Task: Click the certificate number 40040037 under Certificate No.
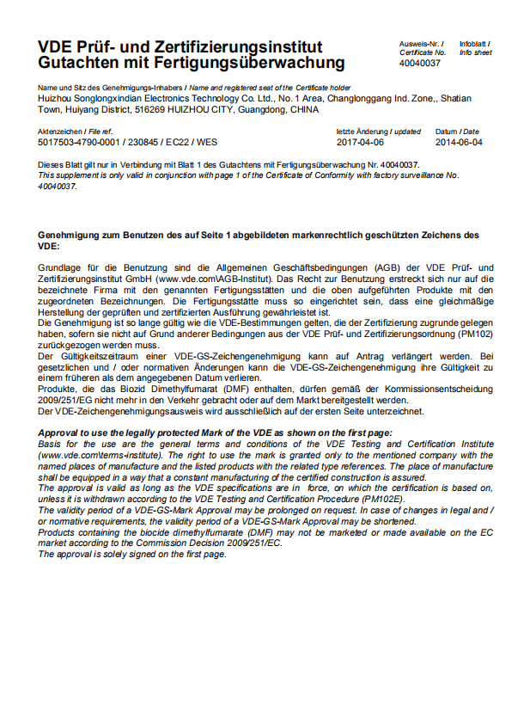419,64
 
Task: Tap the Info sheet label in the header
475,52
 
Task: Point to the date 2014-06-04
459,142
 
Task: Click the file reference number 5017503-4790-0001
80,142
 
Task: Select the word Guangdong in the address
259,110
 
